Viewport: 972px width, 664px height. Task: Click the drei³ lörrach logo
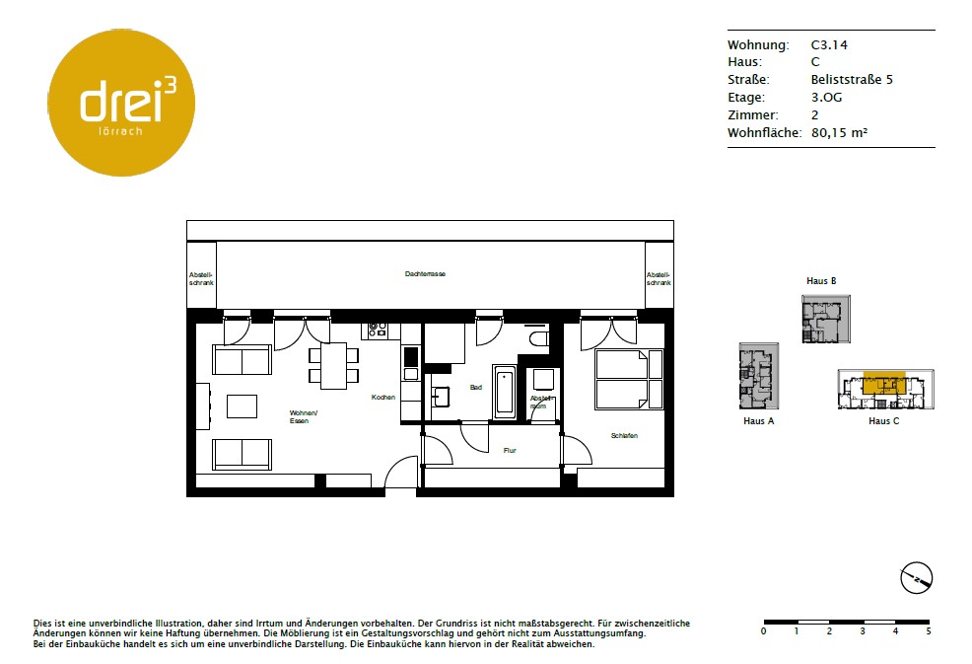[121, 103]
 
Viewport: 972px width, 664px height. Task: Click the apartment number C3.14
[829, 44]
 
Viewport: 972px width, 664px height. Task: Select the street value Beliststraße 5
[852, 80]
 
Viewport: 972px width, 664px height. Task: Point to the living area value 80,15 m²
[839, 132]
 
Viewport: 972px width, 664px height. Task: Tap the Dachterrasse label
[425, 273]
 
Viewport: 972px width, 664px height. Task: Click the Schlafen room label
[624, 436]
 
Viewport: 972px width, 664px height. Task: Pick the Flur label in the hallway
[510, 451]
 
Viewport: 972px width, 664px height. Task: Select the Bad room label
[476, 387]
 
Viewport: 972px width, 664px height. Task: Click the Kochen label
[383, 398]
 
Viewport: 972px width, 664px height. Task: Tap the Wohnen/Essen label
[303, 416]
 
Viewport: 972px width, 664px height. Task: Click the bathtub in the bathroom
[504, 393]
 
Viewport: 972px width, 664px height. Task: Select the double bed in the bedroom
[629, 379]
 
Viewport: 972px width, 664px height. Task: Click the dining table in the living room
[333, 365]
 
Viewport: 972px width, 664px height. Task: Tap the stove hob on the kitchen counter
[378, 330]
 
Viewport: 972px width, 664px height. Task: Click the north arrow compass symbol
[916, 578]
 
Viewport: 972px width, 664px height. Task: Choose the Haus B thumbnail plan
[826, 319]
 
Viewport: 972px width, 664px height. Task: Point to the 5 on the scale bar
[929, 631]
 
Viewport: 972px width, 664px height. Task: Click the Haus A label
[759, 420]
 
